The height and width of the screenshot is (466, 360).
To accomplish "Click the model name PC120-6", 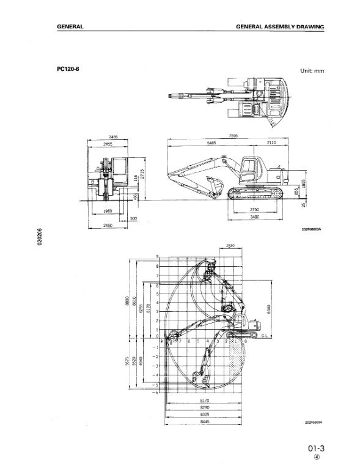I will point(68,68).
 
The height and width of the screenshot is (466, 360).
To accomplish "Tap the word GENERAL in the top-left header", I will point(69,28).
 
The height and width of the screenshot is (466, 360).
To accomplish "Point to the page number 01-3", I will point(316,446).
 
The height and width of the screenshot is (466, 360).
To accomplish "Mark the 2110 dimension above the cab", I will point(271,142).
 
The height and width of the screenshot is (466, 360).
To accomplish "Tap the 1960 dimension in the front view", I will point(107,210).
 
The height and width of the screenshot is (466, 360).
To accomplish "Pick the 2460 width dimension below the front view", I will point(108,226).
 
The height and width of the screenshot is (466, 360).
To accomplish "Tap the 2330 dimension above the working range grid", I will point(230,245).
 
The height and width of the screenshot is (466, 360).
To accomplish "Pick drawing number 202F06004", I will point(313,421).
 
